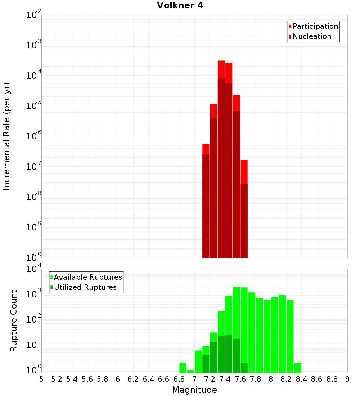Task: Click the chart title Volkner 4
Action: point(180,6)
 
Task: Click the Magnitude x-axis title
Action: point(194,390)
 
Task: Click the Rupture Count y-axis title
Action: point(14,320)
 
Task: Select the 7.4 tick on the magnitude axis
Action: point(225,379)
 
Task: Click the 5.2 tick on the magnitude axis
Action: point(57,379)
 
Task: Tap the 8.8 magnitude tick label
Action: point(332,379)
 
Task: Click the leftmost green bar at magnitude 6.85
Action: point(183,368)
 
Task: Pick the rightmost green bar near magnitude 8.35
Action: point(298,368)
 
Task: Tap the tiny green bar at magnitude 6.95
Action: point(190,371)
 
